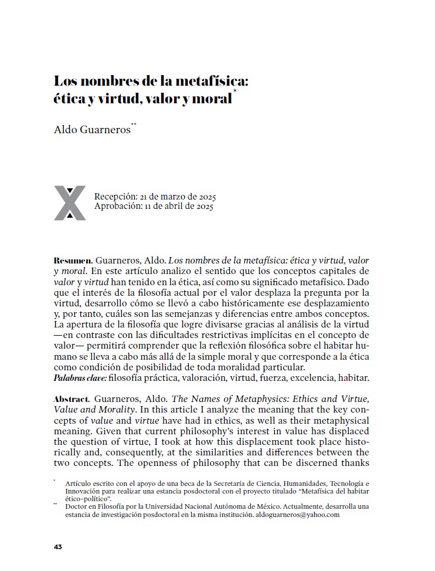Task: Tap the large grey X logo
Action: pyautogui.click(x=70, y=203)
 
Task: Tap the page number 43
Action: pyautogui.click(x=58, y=547)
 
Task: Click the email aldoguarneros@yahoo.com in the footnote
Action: pyautogui.click(x=297, y=515)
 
